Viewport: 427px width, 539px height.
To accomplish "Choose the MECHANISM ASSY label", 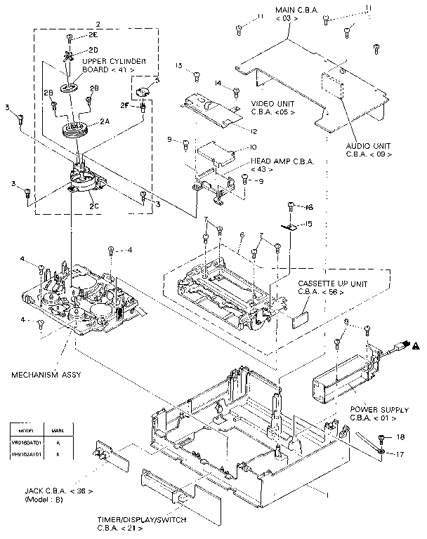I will (x=45, y=375).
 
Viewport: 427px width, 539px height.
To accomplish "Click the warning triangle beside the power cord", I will (x=416, y=345).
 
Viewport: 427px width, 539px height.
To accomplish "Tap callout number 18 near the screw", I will (x=400, y=437).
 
